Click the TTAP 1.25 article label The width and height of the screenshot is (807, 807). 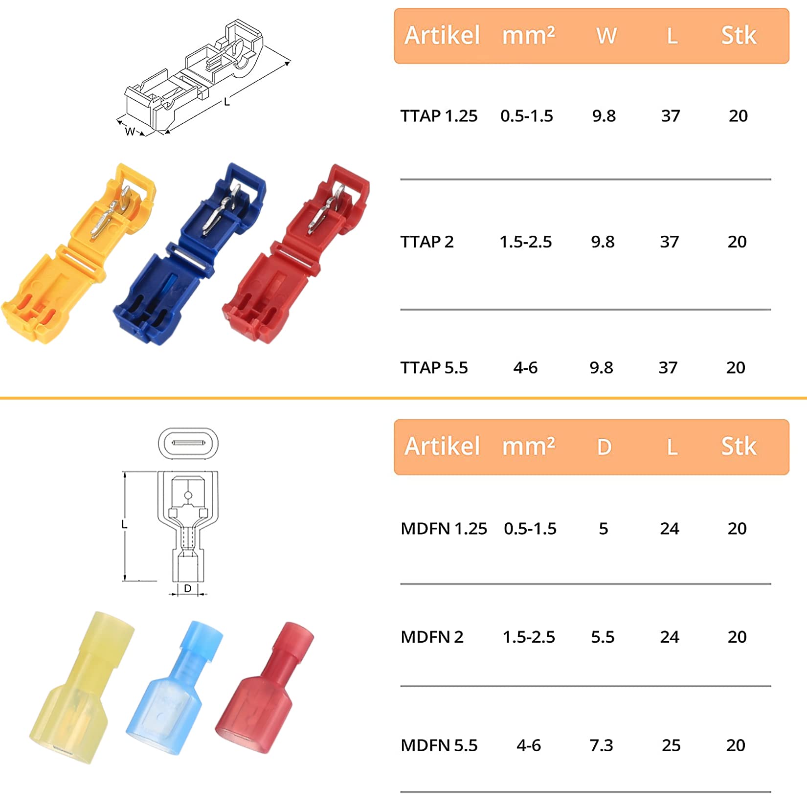click(439, 116)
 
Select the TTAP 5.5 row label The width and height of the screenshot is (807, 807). click(434, 367)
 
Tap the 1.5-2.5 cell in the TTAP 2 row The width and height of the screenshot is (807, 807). click(525, 242)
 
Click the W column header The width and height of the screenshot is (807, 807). click(606, 36)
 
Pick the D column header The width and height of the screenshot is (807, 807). click(605, 447)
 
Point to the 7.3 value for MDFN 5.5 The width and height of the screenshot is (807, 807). click(601, 745)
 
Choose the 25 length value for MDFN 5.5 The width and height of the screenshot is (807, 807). click(671, 745)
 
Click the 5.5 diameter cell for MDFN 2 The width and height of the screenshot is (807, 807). click(603, 637)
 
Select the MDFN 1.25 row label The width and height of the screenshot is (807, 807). click(444, 529)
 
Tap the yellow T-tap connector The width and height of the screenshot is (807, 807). click(78, 254)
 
